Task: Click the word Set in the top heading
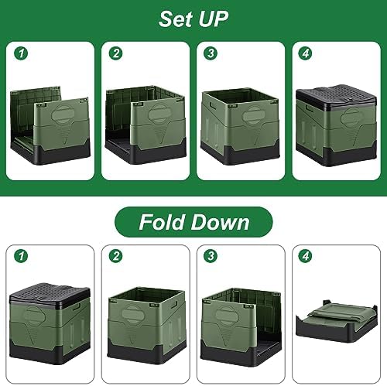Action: (176, 19)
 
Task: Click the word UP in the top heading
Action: (214, 19)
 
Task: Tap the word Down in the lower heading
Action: (221, 222)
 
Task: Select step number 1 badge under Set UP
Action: (21, 53)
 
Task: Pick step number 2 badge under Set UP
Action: (116, 53)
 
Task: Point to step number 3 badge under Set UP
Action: (211, 53)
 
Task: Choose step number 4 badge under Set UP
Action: (306, 53)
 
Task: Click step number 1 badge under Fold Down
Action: (21, 256)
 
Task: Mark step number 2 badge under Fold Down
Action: (116, 256)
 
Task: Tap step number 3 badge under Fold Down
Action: (211, 256)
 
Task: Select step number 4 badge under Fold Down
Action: (306, 256)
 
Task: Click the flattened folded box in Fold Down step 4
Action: (337, 320)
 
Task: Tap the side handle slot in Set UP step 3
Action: (213, 106)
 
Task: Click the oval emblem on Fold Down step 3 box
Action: (224, 315)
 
